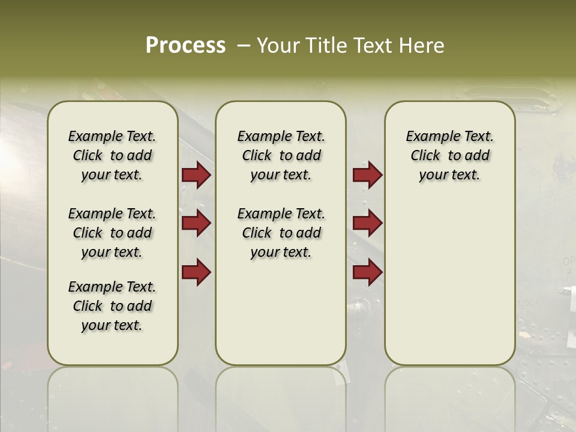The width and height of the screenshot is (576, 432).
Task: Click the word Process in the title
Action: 185,46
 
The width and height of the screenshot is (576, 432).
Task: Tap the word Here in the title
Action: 422,46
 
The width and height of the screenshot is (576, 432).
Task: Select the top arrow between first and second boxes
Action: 196,175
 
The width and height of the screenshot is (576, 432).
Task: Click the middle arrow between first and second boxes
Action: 196,223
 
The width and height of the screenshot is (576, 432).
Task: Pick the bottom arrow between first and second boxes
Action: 196,272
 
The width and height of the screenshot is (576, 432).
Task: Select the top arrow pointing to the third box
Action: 367,175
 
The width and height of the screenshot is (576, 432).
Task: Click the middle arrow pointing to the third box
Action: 367,223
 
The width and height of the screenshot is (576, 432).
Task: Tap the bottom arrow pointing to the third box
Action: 367,272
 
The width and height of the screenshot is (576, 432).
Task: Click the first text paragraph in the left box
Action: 112,155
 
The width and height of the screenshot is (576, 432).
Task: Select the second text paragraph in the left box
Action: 112,233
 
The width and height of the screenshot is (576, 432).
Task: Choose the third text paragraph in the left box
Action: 112,306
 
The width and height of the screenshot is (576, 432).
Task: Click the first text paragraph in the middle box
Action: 281,155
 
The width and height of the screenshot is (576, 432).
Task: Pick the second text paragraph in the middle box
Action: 281,233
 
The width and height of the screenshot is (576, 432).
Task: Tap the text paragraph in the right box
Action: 449,155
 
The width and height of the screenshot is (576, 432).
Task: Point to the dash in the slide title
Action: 243,46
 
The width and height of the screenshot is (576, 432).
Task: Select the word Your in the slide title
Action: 278,46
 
